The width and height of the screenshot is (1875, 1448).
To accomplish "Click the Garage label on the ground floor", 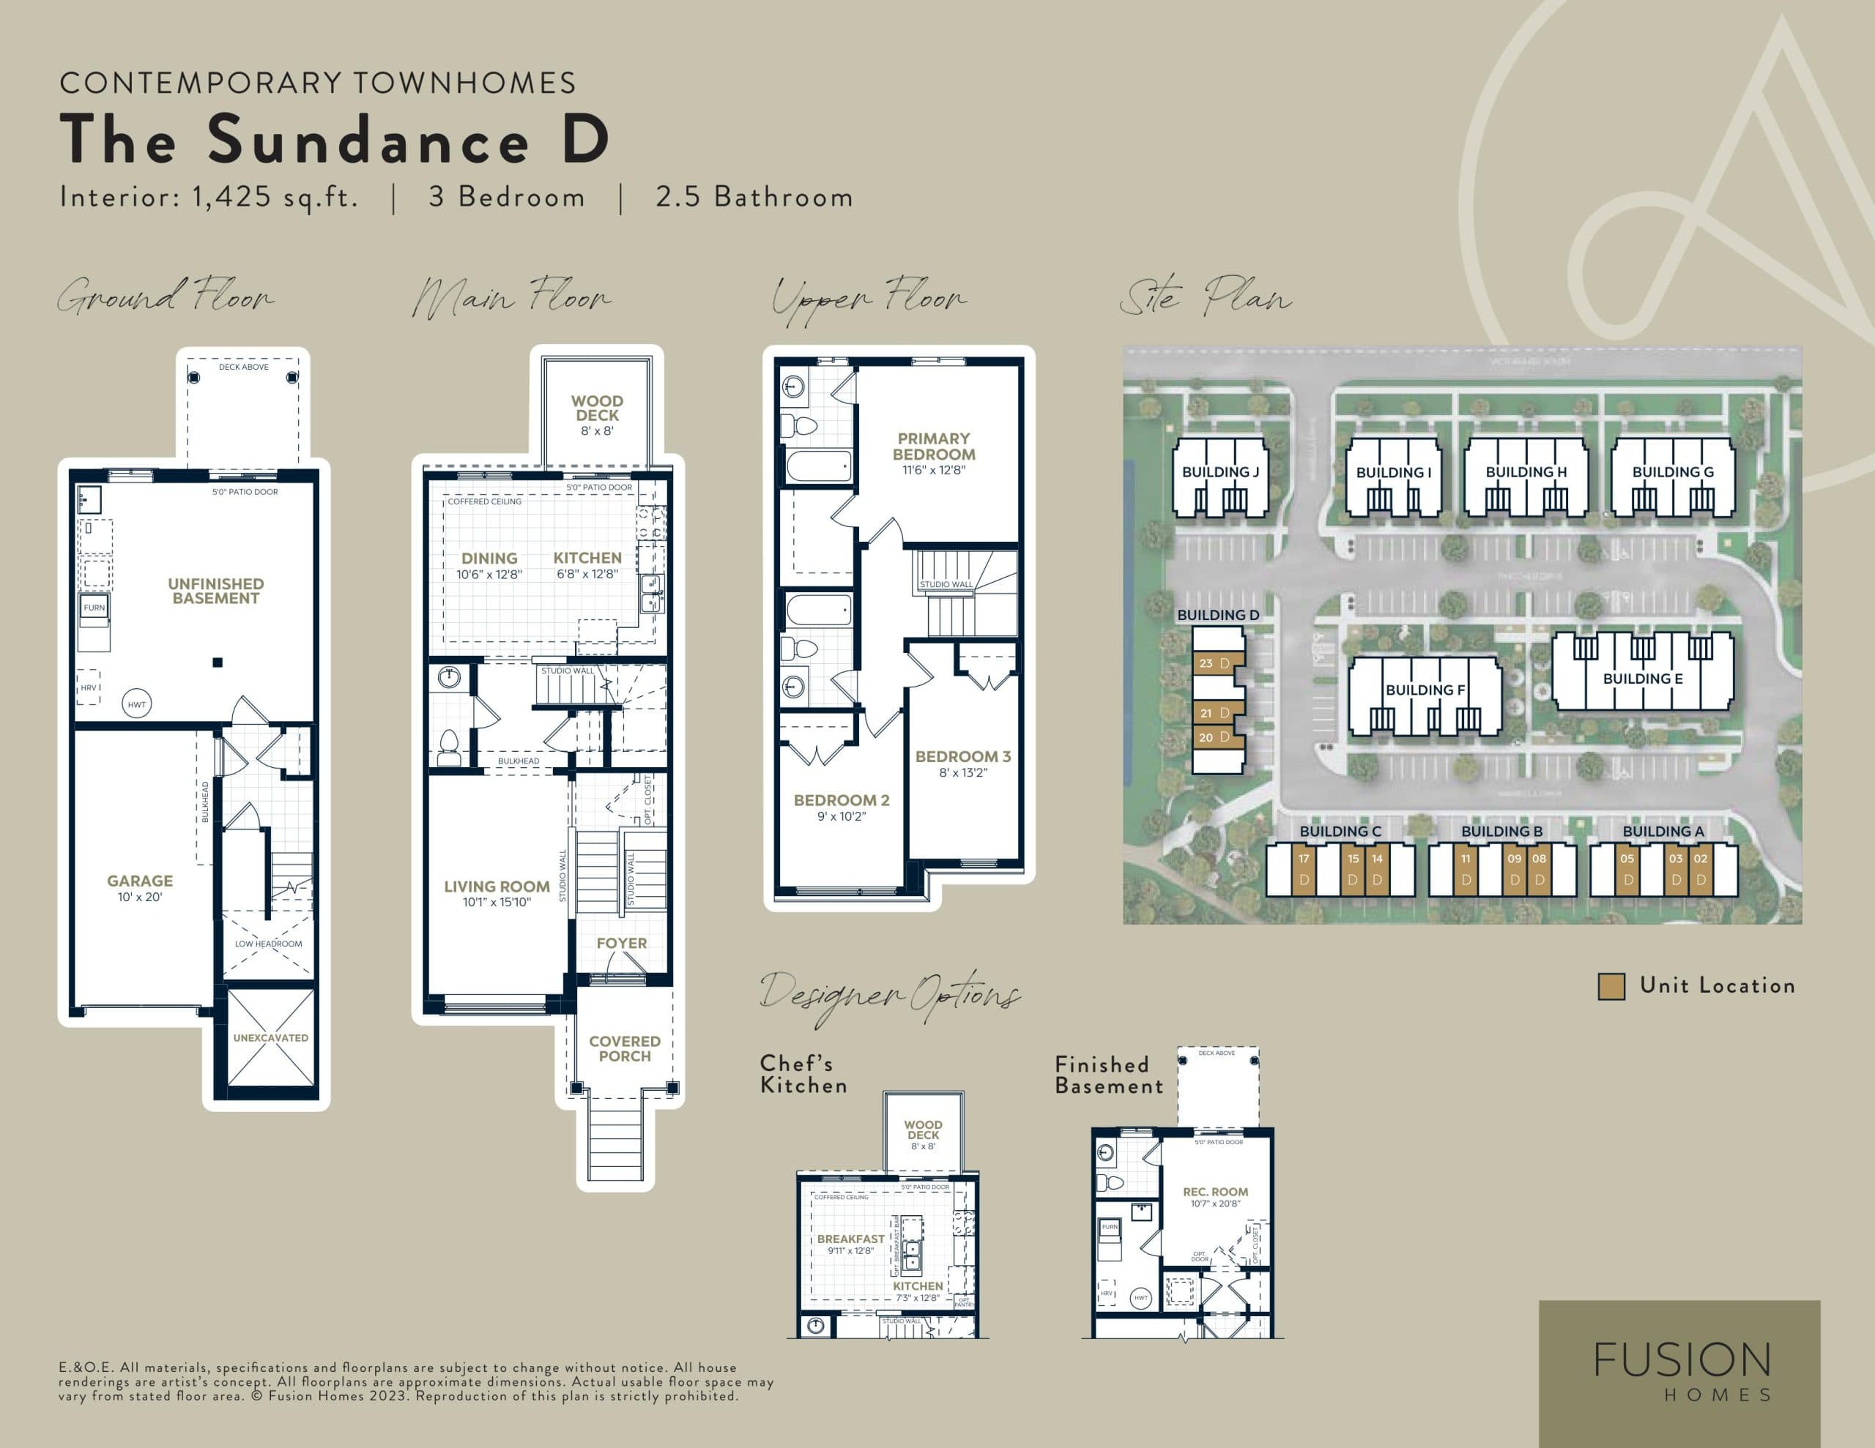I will point(140,881).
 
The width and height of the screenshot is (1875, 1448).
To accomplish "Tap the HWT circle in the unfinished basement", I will point(136,705).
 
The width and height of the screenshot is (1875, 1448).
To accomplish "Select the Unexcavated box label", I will point(270,1038).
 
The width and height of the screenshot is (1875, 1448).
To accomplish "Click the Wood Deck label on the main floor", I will point(597,408).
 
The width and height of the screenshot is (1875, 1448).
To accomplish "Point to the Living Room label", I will point(497,887).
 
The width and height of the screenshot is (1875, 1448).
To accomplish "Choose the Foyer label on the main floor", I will point(622,944).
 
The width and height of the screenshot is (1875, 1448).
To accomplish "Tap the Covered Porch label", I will point(624,1048).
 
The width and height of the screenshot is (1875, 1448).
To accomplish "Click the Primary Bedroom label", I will point(933,447).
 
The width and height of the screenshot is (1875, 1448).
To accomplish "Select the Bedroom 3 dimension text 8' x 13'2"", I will point(962,772).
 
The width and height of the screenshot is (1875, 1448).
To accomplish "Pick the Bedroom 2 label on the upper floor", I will point(842,800).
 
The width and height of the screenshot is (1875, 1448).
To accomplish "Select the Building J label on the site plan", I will point(1220,472).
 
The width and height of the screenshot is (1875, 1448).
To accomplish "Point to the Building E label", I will point(1642,679).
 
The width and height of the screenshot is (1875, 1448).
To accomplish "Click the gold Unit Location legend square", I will point(1611,986).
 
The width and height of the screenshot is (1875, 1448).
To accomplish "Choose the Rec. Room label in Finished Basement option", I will point(1215,1193).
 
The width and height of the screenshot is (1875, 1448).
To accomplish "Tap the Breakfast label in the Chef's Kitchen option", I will point(850,1239).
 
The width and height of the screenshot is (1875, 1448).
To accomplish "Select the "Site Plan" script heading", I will point(1205,297).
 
